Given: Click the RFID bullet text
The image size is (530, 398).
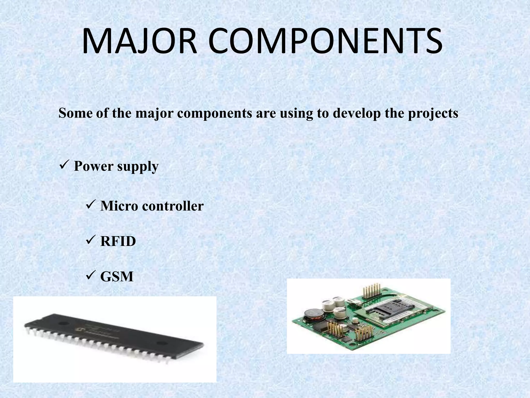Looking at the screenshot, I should coord(118,241).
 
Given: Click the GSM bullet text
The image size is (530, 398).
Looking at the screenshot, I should coord(117,277).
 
